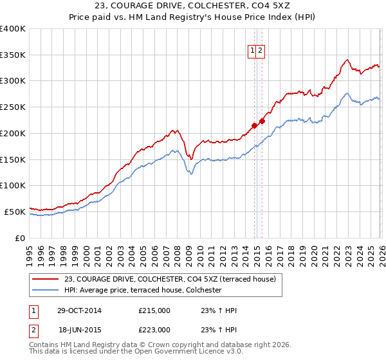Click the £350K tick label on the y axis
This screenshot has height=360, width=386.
(x=13, y=55)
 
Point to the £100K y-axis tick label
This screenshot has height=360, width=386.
(x=13, y=185)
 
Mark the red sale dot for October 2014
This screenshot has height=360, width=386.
(x=254, y=126)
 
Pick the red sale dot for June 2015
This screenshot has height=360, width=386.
(x=262, y=122)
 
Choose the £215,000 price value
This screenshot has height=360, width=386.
(x=154, y=310)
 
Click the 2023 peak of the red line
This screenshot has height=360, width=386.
(x=347, y=60)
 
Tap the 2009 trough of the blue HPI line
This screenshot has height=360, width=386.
(x=190, y=174)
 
